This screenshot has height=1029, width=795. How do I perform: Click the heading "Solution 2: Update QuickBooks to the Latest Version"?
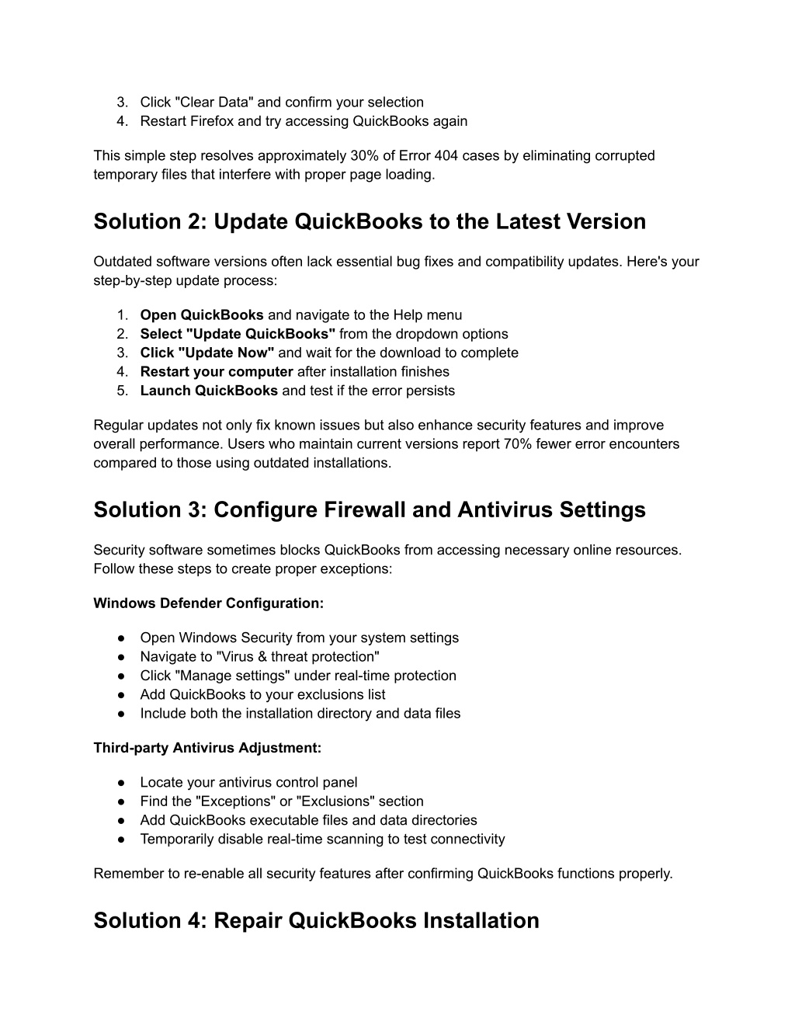click(370, 222)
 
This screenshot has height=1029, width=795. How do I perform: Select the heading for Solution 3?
click(370, 510)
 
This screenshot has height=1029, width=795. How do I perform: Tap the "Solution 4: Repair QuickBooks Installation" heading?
click(316, 921)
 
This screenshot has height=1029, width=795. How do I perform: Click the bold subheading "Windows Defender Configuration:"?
click(209, 603)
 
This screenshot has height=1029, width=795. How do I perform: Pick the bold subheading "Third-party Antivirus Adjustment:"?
click(207, 748)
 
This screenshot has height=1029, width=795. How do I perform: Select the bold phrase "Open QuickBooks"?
click(202, 315)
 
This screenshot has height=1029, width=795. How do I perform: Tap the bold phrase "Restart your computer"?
click(217, 372)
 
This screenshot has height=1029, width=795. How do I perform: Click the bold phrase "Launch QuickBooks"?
click(209, 391)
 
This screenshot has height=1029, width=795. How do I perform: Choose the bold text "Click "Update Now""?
click(207, 353)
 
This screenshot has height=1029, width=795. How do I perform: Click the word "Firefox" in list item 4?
click(212, 121)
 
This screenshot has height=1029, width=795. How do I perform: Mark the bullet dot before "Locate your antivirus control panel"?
click(122, 783)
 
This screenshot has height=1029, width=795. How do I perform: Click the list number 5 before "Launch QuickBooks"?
click(122, 391)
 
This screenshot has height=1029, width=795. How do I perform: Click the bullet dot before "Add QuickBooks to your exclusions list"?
click(122, 694)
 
